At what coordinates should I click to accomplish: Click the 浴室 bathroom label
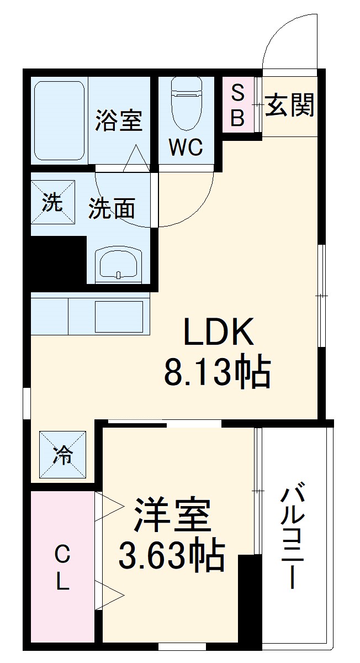[x=118, y=121]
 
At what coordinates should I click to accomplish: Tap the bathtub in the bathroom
[x=60, y=121]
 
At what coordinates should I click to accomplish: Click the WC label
[x=186, y=147]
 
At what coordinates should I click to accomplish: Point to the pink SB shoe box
[x=237, y=105]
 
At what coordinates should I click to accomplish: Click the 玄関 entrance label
[x=290, y=105]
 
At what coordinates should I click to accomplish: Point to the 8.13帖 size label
[x=217, y=373]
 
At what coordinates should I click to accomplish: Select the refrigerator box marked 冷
[x=62, y=455]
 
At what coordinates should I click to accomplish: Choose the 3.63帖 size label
[x=172, y=555]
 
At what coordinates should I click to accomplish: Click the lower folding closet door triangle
[x=109, y=595]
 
